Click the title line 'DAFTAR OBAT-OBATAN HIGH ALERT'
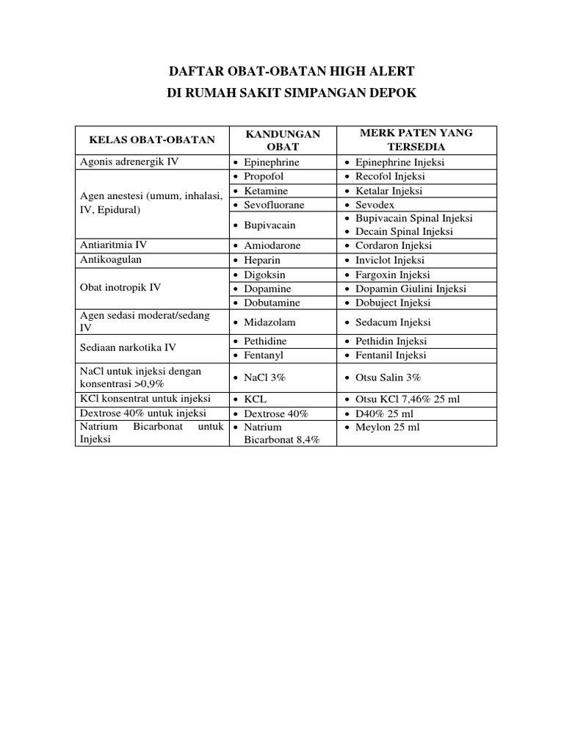coord(292,71)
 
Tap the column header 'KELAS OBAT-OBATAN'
coord(152,140)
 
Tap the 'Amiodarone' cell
coord(272,246)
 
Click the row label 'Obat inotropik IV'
coord(120,288)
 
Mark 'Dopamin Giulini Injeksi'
coord(411,289)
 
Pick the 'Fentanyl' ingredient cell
coord(264,355)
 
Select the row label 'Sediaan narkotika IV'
coord(128,348)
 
